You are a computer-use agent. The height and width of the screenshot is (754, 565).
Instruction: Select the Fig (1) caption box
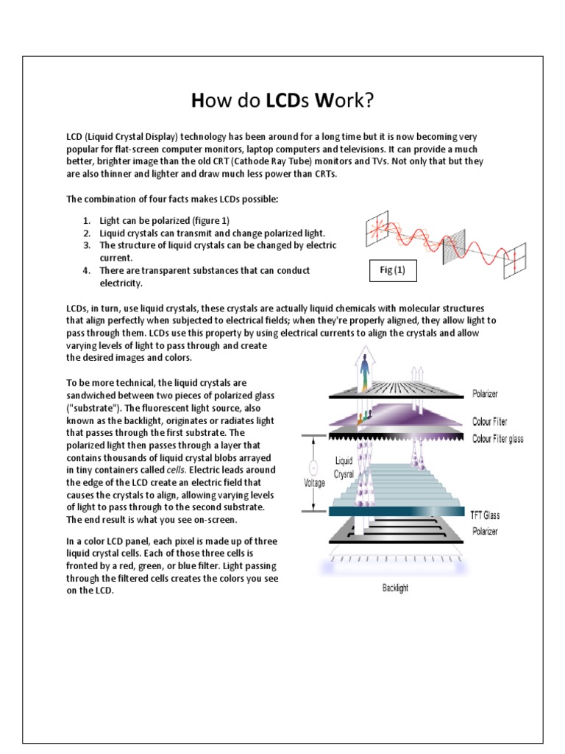click(392, 270)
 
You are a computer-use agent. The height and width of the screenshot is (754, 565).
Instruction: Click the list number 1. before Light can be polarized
click(87, 220)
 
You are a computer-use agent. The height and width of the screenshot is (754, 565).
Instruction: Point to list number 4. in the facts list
click(87, 270)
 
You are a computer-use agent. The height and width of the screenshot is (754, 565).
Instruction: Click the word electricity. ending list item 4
click(121, 283)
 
